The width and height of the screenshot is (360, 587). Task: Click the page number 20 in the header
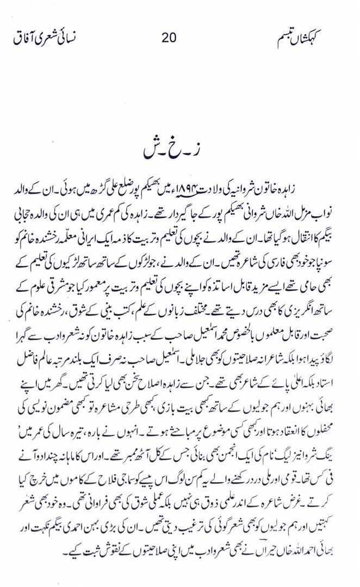[x=169, y=38]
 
